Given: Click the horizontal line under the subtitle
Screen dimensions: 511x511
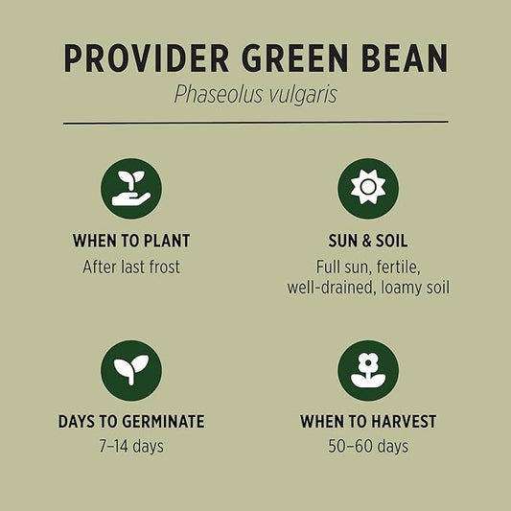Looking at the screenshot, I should click(x=255, y=123).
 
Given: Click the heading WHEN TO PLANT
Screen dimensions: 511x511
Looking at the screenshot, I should click(x=131, y=241).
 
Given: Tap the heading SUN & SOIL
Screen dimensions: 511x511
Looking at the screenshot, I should click(x=368, y=241).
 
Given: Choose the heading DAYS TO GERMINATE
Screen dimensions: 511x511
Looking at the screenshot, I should click(x=131, y=422).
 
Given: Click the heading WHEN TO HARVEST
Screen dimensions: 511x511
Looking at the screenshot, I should click(x=368, y=422).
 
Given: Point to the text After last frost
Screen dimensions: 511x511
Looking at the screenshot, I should click(x=131, y=267).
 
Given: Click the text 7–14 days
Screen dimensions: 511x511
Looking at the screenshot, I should click(x=131, y=447).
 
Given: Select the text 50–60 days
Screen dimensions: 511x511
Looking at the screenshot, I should click(x=368, y=447).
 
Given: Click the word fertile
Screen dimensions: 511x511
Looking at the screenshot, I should click(x=396, y=267).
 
